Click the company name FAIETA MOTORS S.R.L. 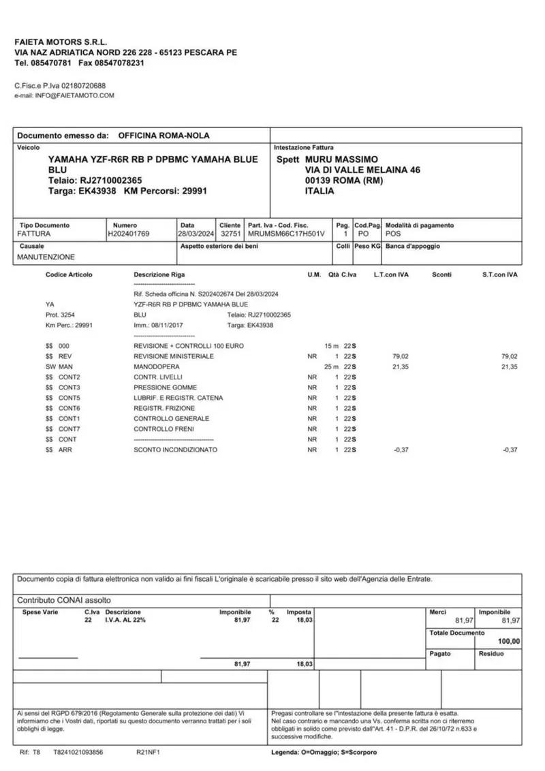click(x=61, y=42)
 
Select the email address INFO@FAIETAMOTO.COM click(x=75, y=95)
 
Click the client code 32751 click(x=230, y=234)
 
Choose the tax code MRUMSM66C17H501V click(x=286, y=234)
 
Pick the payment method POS click(x=393, y=234)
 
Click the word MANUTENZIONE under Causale click(x=46, y=257)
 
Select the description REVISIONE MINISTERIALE click(x=174, y=356)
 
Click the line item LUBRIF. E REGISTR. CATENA click(x=178, y=398)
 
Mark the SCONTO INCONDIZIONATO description click(x=175, y=450)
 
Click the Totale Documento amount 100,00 click(x=508, y=642)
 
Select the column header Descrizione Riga click(x=159, y=274)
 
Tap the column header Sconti click(x=442, y=274)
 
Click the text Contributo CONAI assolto click(x=63, y=601)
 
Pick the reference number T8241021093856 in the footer click(x=78, y=752)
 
